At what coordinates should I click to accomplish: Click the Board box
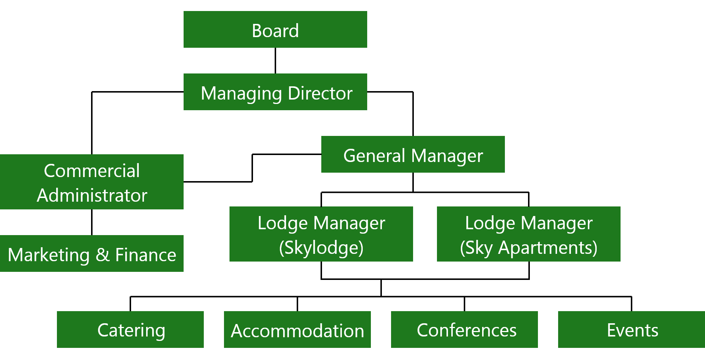pyautogui.click(x=275, y=29)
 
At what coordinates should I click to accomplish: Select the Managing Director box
pyautogui.click(x=275, y=92)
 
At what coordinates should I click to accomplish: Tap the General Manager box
pyautogui.click(x=413, y=154)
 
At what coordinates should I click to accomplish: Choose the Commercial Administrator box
pyautogui.click(x=92, y=182)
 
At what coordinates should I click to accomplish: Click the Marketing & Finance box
pyautogui.click(x=92, y=253)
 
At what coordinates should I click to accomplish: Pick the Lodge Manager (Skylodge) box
pyautogui.click(x=321, y=234)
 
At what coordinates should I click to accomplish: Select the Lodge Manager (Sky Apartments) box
pyautogui.click(x=529, y=234)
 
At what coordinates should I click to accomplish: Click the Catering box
pyautogui.click(x=130, y=330)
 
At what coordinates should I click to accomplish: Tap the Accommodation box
pyautogui.click(x=297, y=330)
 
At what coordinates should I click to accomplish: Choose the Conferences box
pyautogui.click(x=464, y=330)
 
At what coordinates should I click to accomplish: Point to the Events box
pyautogui.click(x=632, y=330)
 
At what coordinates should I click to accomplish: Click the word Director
pyautogui.click(x=320, y=93)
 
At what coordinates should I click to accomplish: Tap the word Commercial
pyautogui.click(x=92, y=171)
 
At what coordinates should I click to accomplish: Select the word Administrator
pyautogui.click(x=92, y=195)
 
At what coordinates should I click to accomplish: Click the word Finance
pyautogui.click(x=145, y=255)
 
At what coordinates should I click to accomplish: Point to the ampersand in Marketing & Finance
pyautogui.click(x=102, y=255)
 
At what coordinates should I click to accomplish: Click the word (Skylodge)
pyautogui.click(x=321, y=248)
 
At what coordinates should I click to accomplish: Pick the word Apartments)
pyautogui.click(x=547, y=248)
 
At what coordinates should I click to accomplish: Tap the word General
pyautogui.click(x=374, y=156)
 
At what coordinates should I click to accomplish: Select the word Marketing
pyautogui.click(x=48, y=255)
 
